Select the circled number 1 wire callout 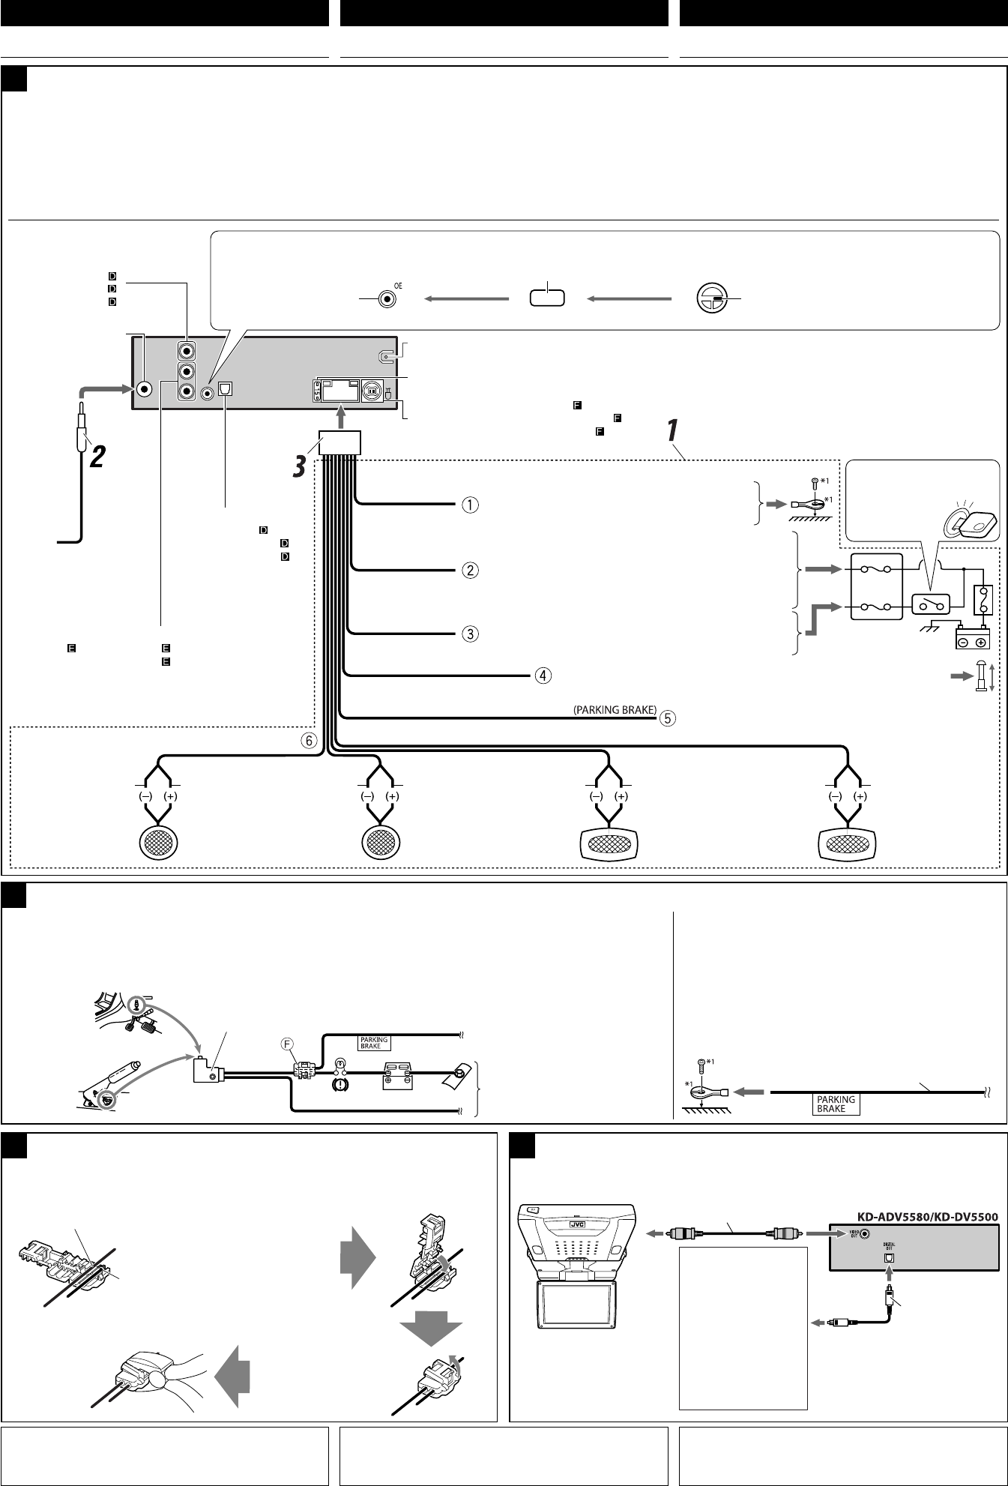[469, 505]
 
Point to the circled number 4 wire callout [542, 676]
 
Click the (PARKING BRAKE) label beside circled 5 [612, 710]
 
